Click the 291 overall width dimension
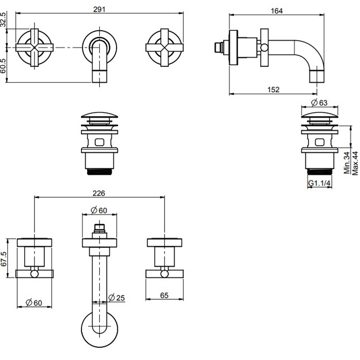pyautogui.click(x=99, y=9)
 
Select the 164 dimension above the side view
pyautogui.click(x=276, y=11)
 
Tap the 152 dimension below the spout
pyautogui.click(x=273, y=89)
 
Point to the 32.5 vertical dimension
pyautogui.click(x=3, y=20)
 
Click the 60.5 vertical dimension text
pyautogui.click(x=3, y=66)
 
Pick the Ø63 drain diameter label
pyautogui.click(x=319, y=102)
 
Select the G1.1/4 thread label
pyautogui.click(x=319, y=183)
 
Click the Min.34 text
pyautogui.click(x=347, y=162)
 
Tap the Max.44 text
pyautogui.click(x=355, y=163)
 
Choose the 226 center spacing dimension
pyautogui.click(x=99, y=193)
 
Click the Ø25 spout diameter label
pyautogui.click(x=117, y=297)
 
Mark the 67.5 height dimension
pyautogui.click(x=3, y=259)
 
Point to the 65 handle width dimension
pyautogui.click(x=164, y=295)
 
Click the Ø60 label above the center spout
pyautogui.click(x=99, y=210)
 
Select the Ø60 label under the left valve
pyautogui.click(x=34, y=303)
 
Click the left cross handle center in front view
pyautogui.click(x=35, y=48)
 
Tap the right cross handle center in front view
pyautogui.click(x=165, y=48)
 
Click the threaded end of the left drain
pyautogui.click(x=100, y=172)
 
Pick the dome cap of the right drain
pyautogui.click(x=320, y=114)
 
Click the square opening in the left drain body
pyautogui.click(x=100, y=142)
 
